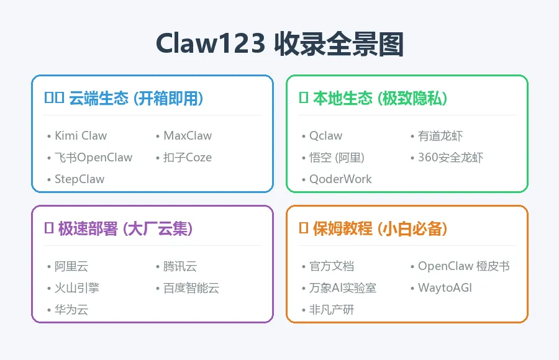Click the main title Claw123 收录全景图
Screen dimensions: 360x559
click(279, 45)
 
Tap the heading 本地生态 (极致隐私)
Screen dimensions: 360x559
click(379, 98)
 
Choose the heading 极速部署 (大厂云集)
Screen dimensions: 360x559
click(125, 228)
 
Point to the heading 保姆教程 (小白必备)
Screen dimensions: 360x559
click(380, 228)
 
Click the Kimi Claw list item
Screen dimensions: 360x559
click(81, 136)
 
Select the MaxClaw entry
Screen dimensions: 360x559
click(188, 136)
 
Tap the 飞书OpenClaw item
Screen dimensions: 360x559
click(93, 158)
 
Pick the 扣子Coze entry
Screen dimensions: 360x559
click(188, 158)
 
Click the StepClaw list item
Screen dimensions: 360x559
click(80, 179)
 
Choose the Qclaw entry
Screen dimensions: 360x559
click(326, 136)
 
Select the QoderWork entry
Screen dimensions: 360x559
click(340, 179)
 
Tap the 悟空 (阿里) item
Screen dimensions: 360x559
click(337, 158)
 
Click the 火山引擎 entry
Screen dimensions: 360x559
click(77, 288)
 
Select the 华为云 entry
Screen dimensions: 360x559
click(71, 310)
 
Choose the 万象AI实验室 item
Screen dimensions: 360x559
click(343, 288)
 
